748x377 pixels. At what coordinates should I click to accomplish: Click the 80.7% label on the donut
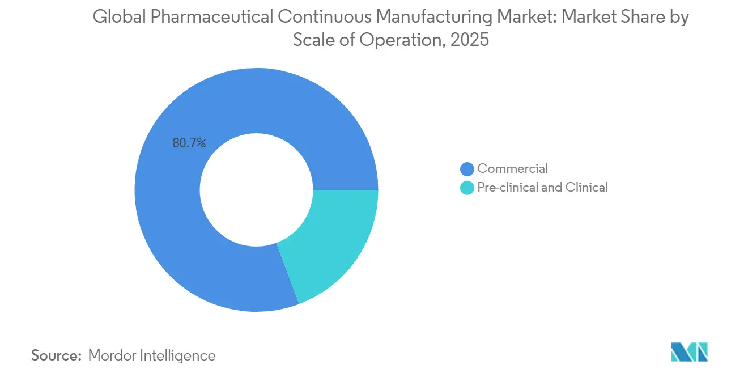[189, 143]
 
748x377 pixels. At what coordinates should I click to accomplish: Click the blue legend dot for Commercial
[467, 168]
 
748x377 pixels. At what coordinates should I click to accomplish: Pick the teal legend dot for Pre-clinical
[467, 188]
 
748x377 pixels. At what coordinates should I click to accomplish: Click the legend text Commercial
[512, 168]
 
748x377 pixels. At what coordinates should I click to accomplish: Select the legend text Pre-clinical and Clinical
[542, 188]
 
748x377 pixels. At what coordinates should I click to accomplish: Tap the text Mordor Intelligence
[152, 356]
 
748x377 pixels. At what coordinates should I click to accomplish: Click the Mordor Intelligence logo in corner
[689, 352]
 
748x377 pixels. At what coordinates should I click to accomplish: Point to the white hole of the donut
[256, 190]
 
